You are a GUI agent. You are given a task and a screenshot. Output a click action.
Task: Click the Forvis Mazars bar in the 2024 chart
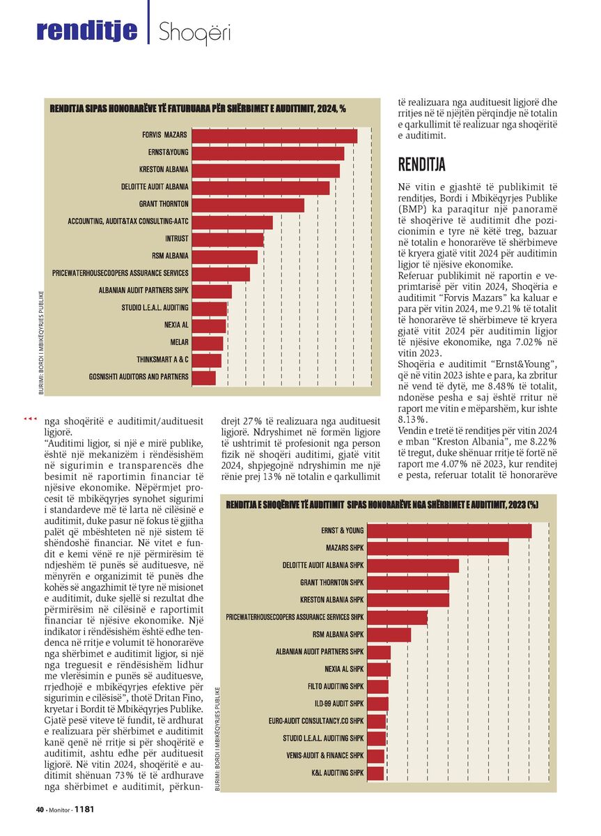[274, 137]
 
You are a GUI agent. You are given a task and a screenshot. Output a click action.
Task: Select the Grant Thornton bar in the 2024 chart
[248, 206]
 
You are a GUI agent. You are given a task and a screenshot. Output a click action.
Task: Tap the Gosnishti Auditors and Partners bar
[203, 378]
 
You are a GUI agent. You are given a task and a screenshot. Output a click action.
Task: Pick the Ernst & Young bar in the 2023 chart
[449, 531]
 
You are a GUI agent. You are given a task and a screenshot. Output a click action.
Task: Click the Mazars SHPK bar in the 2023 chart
[437, 548]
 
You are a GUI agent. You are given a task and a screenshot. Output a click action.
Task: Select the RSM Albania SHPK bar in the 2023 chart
[389, 635]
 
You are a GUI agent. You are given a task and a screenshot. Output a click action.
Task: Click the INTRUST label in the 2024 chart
[177, 238]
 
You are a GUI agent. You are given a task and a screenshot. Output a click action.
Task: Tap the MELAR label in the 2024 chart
[180, 342]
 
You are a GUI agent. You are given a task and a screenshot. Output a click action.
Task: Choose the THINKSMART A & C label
[162, 359]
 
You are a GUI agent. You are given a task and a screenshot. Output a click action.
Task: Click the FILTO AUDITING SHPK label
[336, 686]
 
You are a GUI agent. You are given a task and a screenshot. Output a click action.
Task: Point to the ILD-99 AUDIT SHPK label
[339, 704]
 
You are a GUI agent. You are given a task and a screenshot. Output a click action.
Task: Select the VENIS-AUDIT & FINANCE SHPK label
[325, 755]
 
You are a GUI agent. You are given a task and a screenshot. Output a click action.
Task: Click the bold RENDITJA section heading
[421, 164]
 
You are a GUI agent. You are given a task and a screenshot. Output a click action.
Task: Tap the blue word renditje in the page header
[87, 30]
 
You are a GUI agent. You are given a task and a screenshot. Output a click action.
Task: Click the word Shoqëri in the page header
[194, 32]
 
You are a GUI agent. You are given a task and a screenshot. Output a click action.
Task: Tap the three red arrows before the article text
[30, 419]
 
